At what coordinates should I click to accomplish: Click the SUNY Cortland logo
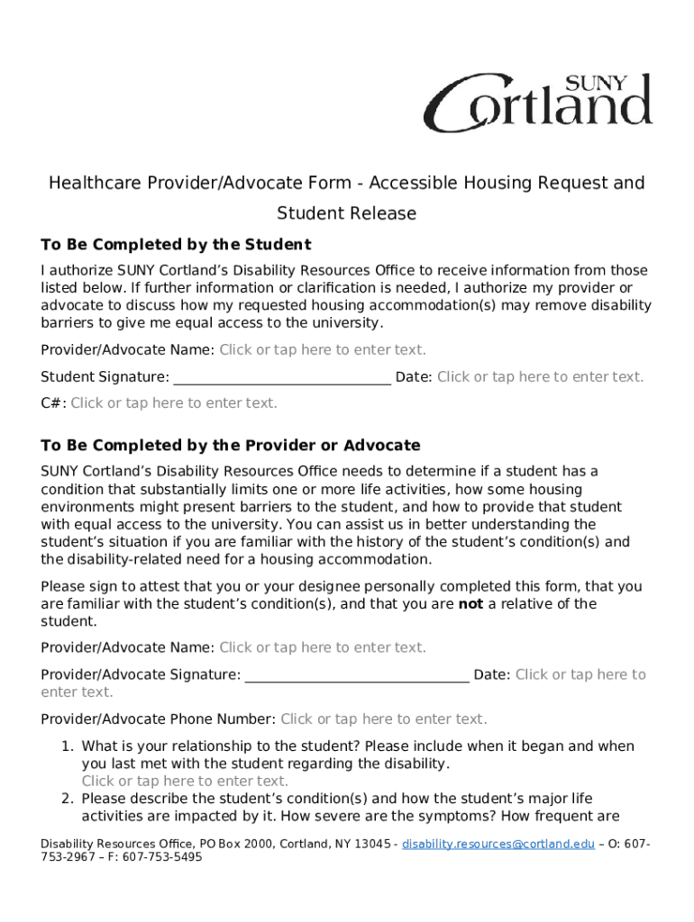tap(538, 103)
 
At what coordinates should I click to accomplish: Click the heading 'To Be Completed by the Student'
tap(176, 245)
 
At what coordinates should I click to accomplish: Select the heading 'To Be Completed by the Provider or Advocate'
tap(231, 446)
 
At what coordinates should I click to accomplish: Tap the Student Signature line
tap(282, 378)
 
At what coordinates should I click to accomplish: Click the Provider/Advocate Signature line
tap(357, 675)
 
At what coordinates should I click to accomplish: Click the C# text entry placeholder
tap(174, 403)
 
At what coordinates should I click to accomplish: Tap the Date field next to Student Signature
tap(541, 377)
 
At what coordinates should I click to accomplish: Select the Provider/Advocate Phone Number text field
tap(384, 719)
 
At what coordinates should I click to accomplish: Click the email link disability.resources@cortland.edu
tap(498, 844)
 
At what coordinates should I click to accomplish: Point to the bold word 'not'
tap(470, 604)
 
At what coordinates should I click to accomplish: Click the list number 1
tap(67, 746)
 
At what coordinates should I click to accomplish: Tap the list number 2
tap(67, 799)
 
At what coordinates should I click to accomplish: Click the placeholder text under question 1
tap(185, 782)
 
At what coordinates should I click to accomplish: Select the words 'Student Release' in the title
tap(347, 213)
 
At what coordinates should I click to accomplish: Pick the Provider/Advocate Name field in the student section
tap(323, 350)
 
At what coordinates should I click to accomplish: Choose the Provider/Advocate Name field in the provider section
tap(323, 647)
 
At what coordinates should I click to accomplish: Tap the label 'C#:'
tap(53, 403)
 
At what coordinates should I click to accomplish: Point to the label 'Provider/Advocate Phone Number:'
tap(159, 719)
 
